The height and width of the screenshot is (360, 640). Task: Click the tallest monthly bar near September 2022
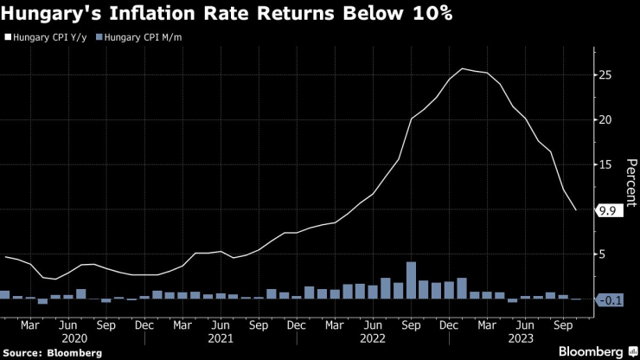[411, 280]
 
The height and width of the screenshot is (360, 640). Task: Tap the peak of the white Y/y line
[462, 68]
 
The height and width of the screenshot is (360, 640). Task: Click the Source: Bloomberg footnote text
[53, 352]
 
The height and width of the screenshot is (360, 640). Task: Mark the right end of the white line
[576, 209]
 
